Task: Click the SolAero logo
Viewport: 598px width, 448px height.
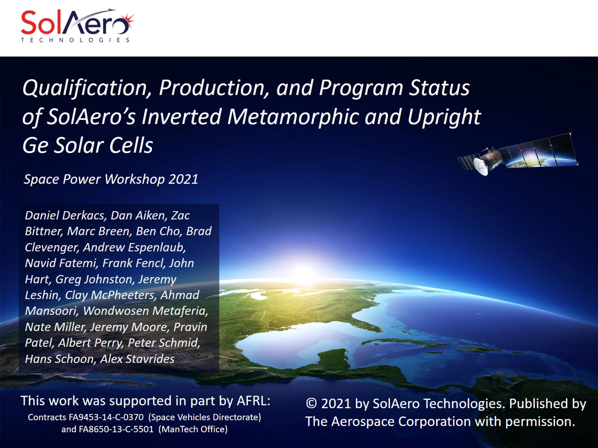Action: click(77, 25)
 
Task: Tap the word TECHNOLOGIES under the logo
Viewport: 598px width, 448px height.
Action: click(75, 40)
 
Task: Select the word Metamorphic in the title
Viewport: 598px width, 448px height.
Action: click(293, 117)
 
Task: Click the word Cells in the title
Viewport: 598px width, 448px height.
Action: click(131, 145)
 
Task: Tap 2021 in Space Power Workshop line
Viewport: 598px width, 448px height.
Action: click(183, 179)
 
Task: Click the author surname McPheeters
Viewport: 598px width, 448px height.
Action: click(124, 295)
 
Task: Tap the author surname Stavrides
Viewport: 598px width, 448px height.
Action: click(150, 359)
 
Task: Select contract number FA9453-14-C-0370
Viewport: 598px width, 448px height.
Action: click(106, 417)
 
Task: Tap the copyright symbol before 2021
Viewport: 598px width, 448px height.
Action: click(311, 404)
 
